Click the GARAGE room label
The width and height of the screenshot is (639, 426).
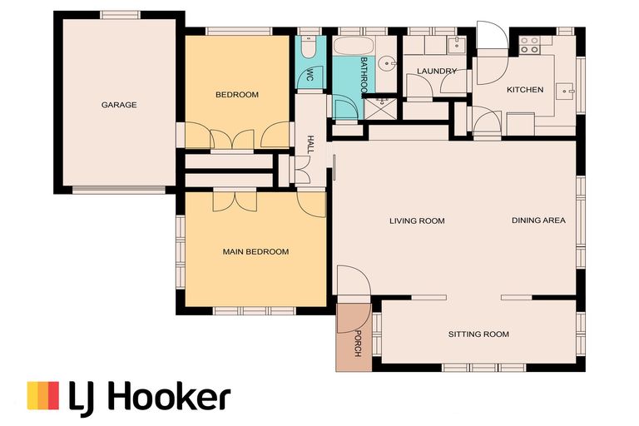[x=119, y=105]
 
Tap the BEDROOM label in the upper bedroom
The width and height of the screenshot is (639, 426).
[x=237, y=95]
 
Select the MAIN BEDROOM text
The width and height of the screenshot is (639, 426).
[x=255, y=252]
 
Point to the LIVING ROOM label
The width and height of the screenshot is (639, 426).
[x=417, y=221]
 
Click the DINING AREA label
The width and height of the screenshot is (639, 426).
[x=538, y=220]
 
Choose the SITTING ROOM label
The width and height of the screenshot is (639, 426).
[x=478, y=334]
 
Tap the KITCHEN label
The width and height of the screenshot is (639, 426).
[x=525, y=90]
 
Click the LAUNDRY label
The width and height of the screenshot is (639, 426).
[x=437, y=71]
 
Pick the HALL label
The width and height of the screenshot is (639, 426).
[x=310, y=145]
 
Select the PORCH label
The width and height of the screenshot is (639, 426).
[x=359, y=344]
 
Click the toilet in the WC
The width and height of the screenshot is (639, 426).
[x=309, y=47]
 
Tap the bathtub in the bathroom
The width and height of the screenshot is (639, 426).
[x=354, y=46]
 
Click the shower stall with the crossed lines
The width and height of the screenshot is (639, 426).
[x=380, y=108]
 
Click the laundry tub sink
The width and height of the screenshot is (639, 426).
[x=457, y=44]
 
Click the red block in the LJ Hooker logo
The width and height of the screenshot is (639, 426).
[x=53, y=395]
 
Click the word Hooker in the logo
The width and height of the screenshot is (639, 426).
[x=171, y=395]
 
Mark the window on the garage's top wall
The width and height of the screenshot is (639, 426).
[x=120, y=15]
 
